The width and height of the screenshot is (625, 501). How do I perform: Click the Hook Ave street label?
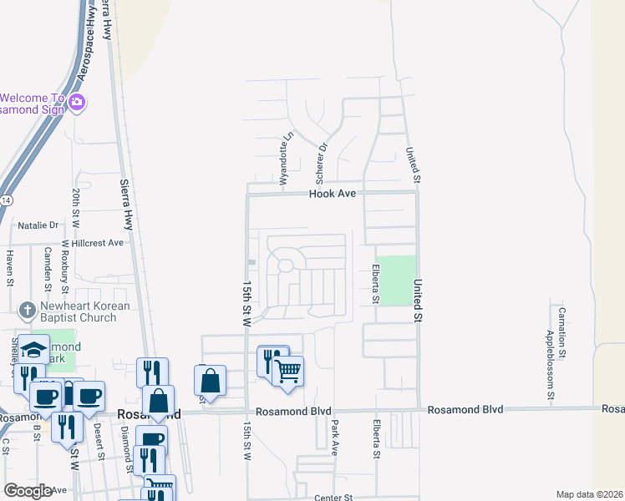(x=333, y=193)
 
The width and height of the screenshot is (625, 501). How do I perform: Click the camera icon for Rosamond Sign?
(x=77, y=103)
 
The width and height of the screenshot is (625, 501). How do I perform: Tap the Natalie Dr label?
(x=38, y=225)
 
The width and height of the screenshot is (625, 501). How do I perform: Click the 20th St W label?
(x=74, y=208)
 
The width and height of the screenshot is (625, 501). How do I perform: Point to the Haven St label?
(x=10, y=267)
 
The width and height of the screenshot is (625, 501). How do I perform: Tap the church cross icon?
(x=28, y=311)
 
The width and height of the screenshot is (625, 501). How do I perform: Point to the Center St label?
(x=334, y=498)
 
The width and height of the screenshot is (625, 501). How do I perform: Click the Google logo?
(x=28, y=491)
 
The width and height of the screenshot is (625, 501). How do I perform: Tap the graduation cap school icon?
(x=34, y=351)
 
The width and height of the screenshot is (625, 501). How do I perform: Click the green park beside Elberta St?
(x=396, y=280)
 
